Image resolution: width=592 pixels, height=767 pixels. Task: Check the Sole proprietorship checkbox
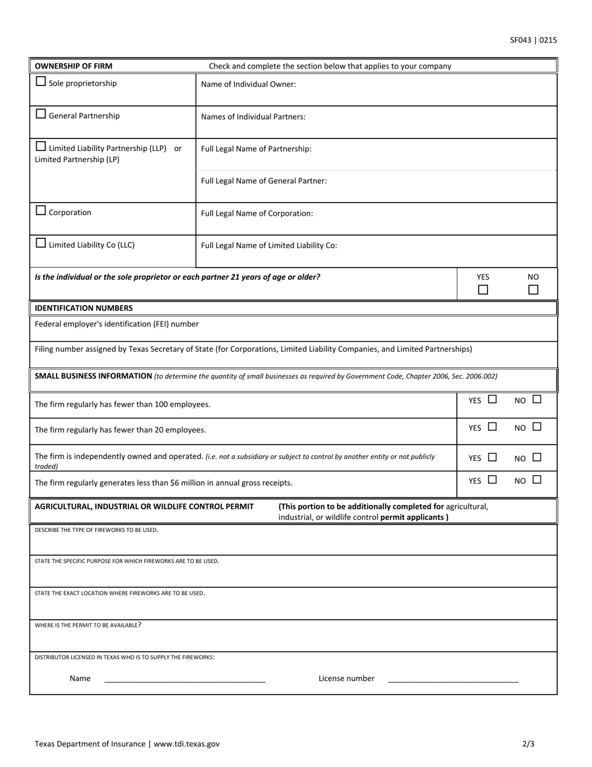[x=41, y=82]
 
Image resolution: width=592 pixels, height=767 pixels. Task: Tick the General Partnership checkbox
[x=41, y=114]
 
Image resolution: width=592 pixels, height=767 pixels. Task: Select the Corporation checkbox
[x=41, y=211]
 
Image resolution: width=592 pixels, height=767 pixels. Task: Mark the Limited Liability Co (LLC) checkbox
[x=41, y=243]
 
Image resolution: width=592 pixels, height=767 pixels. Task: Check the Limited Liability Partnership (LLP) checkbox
[x=41, y=147]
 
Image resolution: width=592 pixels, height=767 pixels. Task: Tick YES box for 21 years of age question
[x=483, y=290]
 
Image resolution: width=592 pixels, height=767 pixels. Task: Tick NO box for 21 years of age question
[x=533, y=290]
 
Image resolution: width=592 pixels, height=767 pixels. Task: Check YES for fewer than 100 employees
[x=492, y=400]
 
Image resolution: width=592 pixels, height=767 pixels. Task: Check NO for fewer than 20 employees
[x=537, y=427]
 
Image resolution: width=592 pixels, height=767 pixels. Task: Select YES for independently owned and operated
[x=492, y=457]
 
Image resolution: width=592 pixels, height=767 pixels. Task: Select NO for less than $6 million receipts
[x=537, y=480]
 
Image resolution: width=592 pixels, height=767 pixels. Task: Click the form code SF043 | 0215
[x=533, y=41]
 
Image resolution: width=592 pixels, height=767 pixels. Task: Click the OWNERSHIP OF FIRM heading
[x=74, y=66]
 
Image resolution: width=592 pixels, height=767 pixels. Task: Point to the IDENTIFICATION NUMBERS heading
[x=84, y=308]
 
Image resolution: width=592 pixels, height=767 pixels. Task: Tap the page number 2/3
[x=528, y=744]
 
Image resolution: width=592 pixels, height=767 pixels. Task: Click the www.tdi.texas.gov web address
[x=186, y=744]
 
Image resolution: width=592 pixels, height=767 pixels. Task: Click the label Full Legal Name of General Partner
[x=264, y=181]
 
